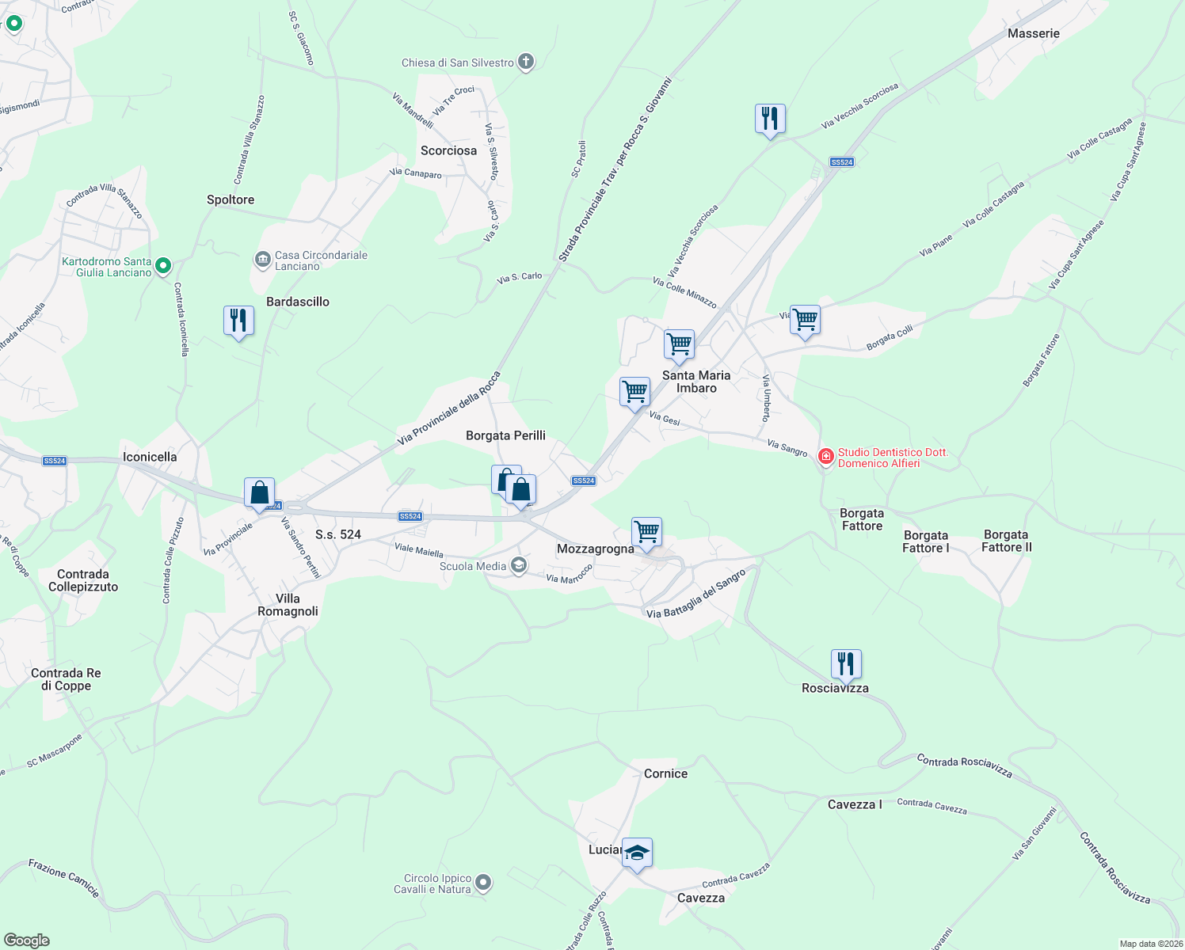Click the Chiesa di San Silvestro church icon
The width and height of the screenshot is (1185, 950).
(x=525, y=62)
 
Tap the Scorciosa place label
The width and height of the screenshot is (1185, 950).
(x=448, y=150)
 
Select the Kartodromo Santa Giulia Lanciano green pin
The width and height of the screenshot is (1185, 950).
(x=163, y=266)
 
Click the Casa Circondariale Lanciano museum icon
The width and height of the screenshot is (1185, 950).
(x=262, y=260)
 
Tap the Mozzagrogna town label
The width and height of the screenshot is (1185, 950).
(x=595, y=549)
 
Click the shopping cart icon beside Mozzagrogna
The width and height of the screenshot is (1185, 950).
(x=646, y=532)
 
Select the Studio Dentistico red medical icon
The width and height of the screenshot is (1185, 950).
(x=826, y=457)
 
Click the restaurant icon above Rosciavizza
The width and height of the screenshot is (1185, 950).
(x=846, y=664)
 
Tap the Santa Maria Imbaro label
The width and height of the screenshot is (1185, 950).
(x=696, y=382)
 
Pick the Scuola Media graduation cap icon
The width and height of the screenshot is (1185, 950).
(x=519, y=565)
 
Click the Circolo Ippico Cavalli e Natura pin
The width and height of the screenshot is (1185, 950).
(x=484, y=882)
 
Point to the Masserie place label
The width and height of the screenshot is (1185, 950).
(x=1033, y=33)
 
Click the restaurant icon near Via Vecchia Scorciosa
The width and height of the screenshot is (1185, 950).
(x=770, y=120)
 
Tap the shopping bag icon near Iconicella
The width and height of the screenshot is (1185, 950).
(x=260, y=492)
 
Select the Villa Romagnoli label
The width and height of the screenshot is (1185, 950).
(x=288, y=605)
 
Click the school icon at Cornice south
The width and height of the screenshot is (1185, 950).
(x=637, y=853)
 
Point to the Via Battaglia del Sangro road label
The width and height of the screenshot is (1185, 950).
(x=696, y=594)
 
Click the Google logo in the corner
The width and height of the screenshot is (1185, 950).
(x=26, y=940)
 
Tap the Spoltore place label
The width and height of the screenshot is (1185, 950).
(x=231, y=199)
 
